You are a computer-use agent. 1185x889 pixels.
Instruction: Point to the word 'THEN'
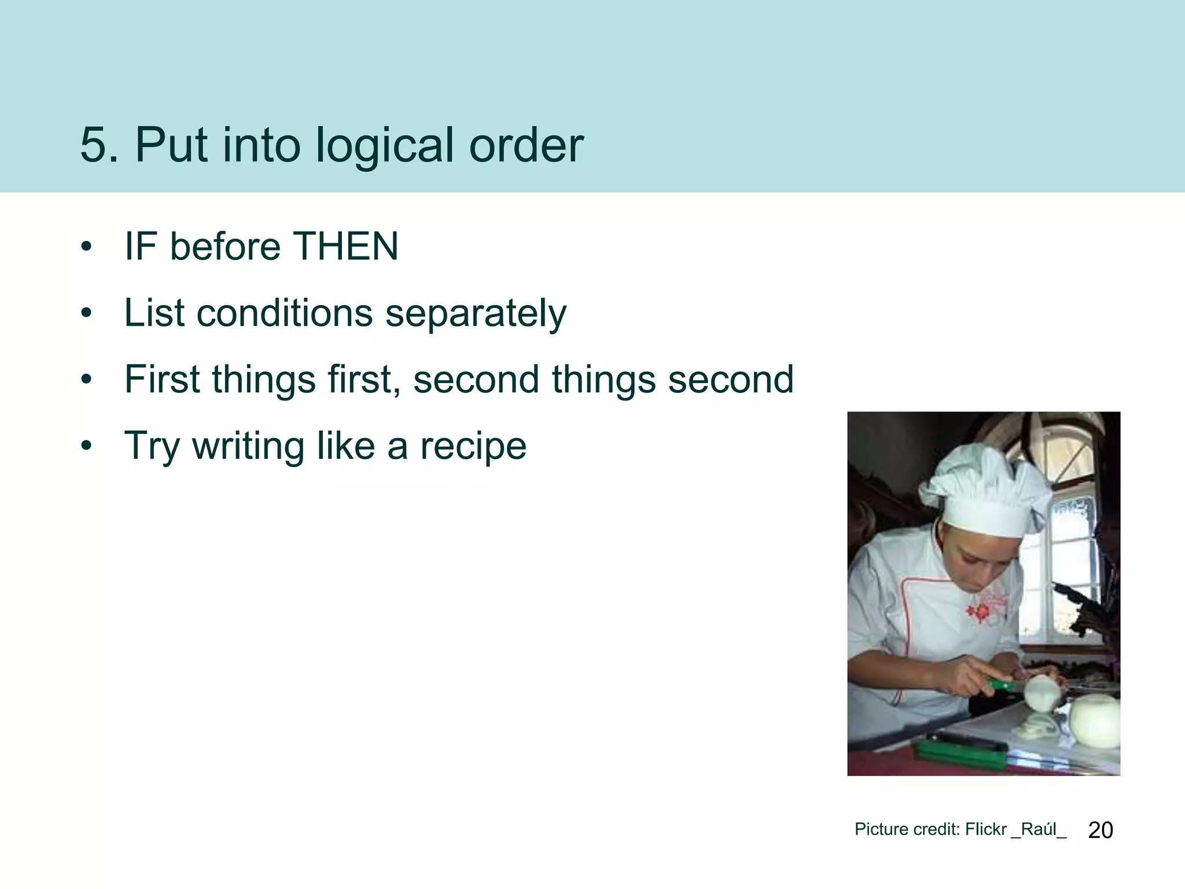coord(345,247)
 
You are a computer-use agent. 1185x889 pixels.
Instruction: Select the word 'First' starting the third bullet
coord(161,380)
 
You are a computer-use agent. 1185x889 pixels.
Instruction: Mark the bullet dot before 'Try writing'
coord(87,446)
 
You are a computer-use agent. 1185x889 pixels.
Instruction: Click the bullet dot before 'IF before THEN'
coord(87,247)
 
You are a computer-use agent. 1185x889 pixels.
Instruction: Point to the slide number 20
coord(1100,830)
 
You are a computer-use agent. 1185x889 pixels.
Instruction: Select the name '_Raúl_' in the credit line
coord(1039,829)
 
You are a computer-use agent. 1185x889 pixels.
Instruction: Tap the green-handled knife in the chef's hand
coord(1004,686)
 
